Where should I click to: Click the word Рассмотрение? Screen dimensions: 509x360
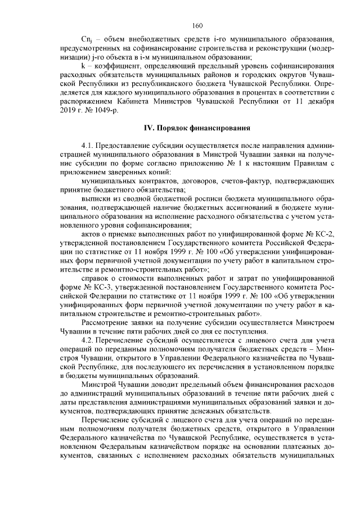click(109, 322)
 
